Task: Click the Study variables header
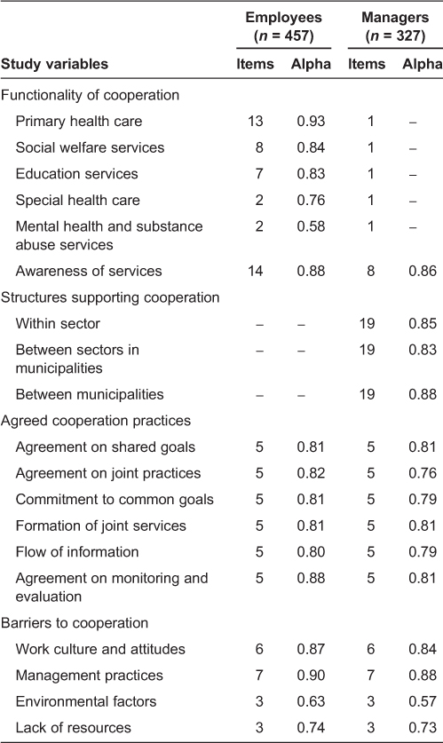pos(54,64)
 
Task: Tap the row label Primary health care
pos(77,122)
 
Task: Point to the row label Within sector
pos(59,322)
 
